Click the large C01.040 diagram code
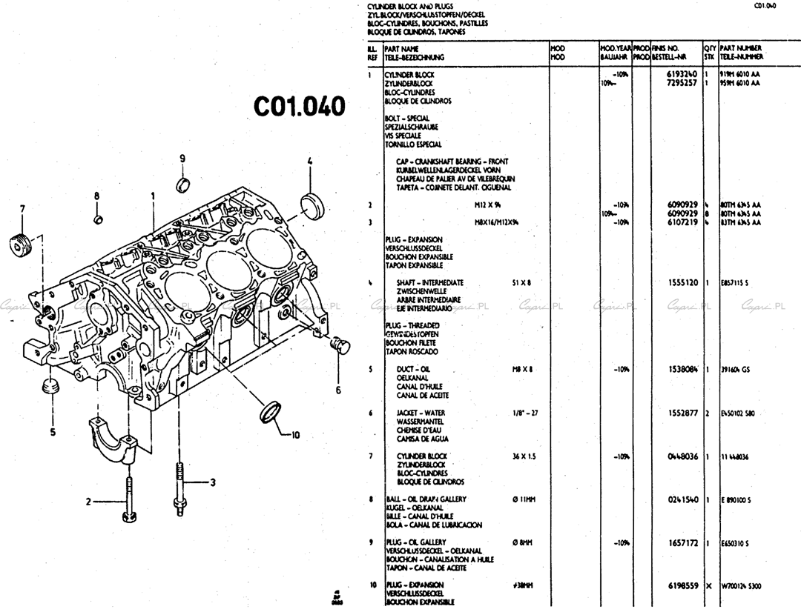[x=300, y=107]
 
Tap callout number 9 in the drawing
[x=182, y=159]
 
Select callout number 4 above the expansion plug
[x=310, y=161]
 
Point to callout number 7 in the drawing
[x=22, y=208]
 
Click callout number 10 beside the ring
[x=294, y=435]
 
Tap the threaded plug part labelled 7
[x=21, y=245]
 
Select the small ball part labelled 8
[x=97, y=219]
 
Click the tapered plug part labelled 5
[x=52, y=387]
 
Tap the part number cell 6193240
[x=682, y=75]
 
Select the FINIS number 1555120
[x=682, y=283]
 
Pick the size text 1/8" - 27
[x=527, y=413]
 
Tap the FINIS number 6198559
[x=682, y=586]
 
